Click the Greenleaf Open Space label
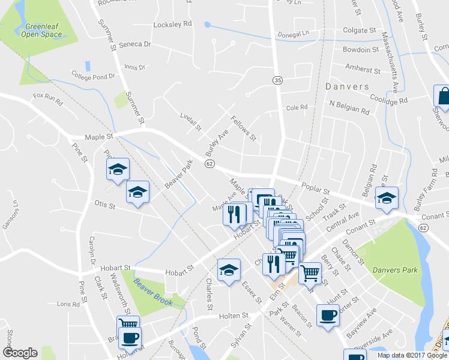coord(43,30)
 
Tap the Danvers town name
coord(347,86)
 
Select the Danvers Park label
coord(394,270)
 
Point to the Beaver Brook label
coord(153,292)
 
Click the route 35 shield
coord(277,80)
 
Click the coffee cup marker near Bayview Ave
coord(327,316)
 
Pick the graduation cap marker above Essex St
coord(229,269)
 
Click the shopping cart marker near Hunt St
coord(310,274)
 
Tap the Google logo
coord(20,352)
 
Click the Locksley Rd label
coord(172,24)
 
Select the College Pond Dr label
coord(92,77)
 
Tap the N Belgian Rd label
coord(349,110)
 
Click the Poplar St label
coord(314,187)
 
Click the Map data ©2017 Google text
coord(411,355)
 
